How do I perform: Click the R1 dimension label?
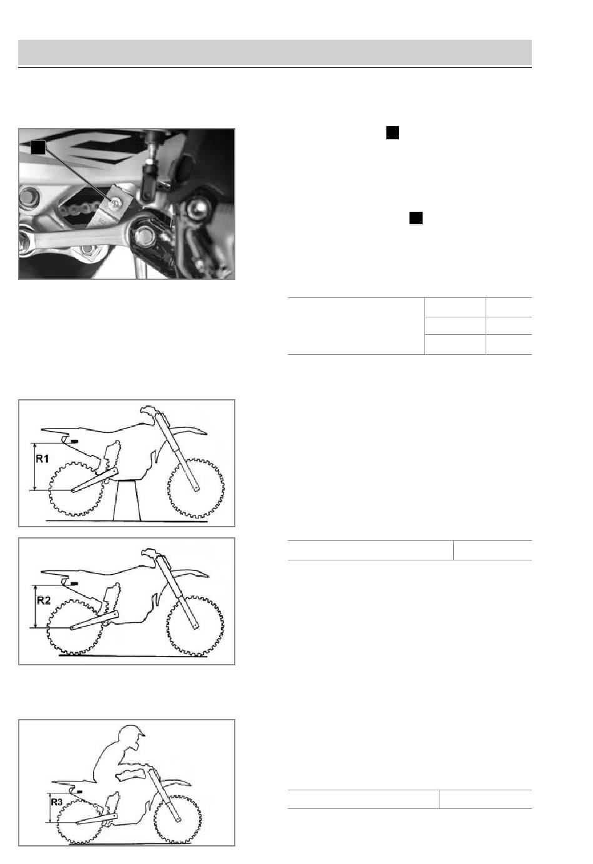pos(42,459)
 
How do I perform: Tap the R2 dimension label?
pos(44,600)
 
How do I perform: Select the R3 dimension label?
pos(57,802)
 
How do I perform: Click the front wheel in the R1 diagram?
pos(196,488)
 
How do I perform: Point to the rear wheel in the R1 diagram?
pos(76,489)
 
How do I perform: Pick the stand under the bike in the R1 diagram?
pos(127,500)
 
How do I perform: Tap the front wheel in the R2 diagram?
pos(195,627)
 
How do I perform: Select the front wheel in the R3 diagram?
pos(178,819)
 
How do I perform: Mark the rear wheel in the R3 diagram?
pos(80,822)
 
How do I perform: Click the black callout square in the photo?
pos(37,147)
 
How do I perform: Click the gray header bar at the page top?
pos(275,52)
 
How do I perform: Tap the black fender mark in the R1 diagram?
pos(74,441)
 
